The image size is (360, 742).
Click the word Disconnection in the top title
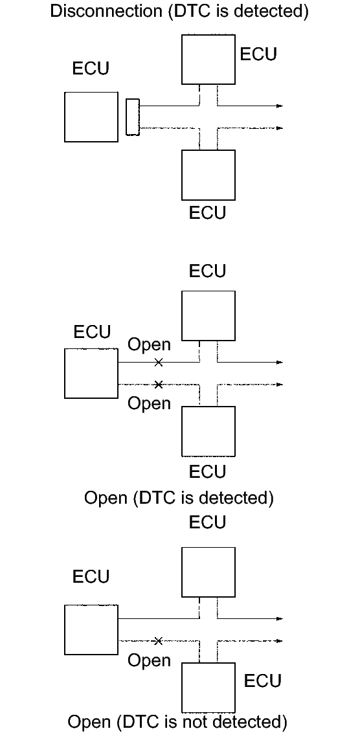(x=106, y=11)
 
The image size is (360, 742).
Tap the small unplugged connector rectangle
(x=133, y=117)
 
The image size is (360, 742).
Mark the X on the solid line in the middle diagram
(x=159, y=363)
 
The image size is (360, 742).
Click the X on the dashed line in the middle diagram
(x=159, y=384)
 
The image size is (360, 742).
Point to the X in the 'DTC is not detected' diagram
(x=159, y=641)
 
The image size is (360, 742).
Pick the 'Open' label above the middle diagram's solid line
(x=149, y=345)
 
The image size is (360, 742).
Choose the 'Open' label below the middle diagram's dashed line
(x=149, y=403)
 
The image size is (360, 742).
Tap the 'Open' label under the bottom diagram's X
(x=149, y=660)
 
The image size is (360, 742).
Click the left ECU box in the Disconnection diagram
(x=91, y=117)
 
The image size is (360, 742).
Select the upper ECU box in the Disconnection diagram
(x=208, y=59)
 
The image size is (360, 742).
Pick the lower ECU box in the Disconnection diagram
(x=208, y=175)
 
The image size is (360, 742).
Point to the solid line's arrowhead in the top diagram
(x=280, y=106)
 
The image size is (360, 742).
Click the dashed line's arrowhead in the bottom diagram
(x=280, y=641)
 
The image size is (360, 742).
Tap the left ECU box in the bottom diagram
(x=91, y=630)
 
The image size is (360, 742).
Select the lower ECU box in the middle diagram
(x=208, y=431)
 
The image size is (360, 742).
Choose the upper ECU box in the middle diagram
(x=208, y=315)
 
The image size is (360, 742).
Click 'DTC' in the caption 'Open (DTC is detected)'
(x=157, y=497)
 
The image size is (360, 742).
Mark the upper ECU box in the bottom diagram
(x=208, y=572)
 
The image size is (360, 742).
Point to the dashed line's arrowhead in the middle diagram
(x=280, y=384)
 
